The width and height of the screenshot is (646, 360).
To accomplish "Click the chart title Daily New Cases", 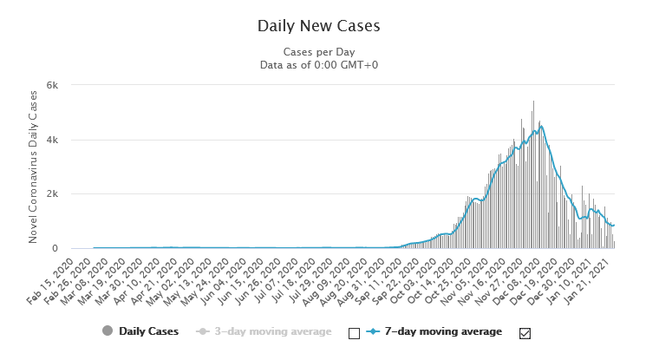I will tap(318, 26).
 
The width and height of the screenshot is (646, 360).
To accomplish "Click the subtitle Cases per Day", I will tap(318, 52).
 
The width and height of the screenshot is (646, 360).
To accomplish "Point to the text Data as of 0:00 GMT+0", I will tap(318, 65).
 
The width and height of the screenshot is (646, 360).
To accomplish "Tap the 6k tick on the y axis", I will tap(51, 85).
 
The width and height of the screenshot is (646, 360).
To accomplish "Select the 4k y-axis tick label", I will tap(51, 140).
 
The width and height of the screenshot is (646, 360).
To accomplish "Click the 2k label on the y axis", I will tap(51, 194).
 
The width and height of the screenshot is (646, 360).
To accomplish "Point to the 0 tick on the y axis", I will tap(54, 249).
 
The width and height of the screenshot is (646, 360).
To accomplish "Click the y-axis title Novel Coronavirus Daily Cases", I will tap(33, 167).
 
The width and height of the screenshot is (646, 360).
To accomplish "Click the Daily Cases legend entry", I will tap(148, 331).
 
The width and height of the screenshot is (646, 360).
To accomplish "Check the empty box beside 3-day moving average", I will tap(354, 332).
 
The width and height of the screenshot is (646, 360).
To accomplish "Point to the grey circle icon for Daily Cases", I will tap(108, 331).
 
